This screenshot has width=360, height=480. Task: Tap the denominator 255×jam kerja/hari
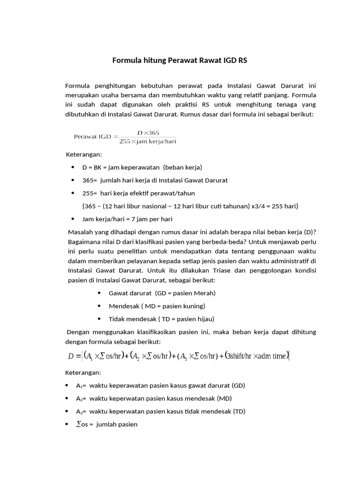(148, 141)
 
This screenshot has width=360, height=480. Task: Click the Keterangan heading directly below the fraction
(83, 154)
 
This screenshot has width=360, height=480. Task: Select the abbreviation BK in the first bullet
(97, 167)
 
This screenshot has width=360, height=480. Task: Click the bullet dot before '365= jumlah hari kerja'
(73, 180)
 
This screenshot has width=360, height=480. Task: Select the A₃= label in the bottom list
(81, 412)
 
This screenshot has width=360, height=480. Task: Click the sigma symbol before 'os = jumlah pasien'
(78, 425)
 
